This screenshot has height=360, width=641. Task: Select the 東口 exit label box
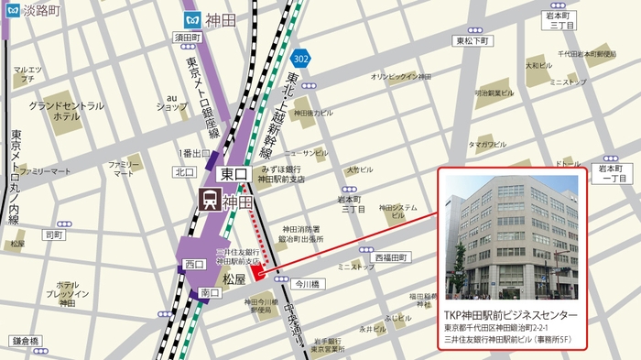(235, 172)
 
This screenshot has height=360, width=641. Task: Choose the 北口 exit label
(185, 171)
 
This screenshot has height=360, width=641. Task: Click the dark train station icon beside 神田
(209, 200)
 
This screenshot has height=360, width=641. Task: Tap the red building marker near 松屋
(259, 270)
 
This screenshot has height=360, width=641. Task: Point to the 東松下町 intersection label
(473, 40)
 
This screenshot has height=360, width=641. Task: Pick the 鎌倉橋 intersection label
(27, 341)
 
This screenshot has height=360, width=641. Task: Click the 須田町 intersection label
(188, 38)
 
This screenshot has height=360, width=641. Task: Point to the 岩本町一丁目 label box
(610, 174)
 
